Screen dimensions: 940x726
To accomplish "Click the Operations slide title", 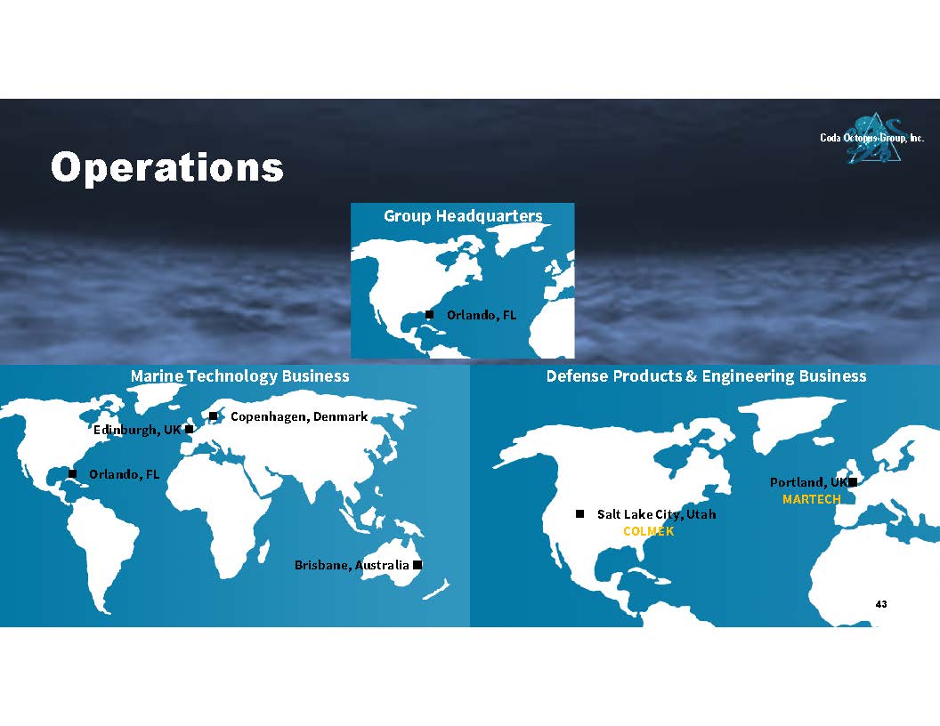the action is tap(167, 166).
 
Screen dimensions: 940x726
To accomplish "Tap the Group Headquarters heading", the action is tap(463, 215).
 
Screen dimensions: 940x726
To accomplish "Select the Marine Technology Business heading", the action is tap(239, 376).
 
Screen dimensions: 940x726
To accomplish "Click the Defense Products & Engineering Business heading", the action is tap(706, 376).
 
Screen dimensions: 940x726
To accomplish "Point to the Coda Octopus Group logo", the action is tap(872, 138).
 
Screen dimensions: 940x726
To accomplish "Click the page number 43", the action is tap(880, 604).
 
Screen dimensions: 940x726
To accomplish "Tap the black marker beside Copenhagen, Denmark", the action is tap(213, 415).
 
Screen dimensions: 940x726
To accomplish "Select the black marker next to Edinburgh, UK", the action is tap(190, 429).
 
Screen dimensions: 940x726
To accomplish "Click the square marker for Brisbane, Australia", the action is tap(417, 564).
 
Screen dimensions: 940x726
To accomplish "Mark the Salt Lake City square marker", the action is tap(579, 514).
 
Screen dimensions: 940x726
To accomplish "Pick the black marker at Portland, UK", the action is tap(853, 482).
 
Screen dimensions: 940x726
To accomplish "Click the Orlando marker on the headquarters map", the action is tap(429, 314).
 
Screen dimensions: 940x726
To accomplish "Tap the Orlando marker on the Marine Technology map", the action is tap(72, 474).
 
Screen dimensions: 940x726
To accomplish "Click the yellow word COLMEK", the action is tap(649, 531).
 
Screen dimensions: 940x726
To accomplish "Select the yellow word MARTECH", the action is tap(812, 499).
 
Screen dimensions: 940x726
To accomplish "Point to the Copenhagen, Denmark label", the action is tap(299, 417).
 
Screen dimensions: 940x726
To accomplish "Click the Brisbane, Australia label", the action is tap(352, 565).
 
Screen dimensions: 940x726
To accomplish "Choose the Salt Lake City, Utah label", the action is tap(656, 514).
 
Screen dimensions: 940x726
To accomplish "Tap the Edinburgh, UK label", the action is tap(137, 430).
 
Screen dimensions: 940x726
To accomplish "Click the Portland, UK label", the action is tap(809, 483).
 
